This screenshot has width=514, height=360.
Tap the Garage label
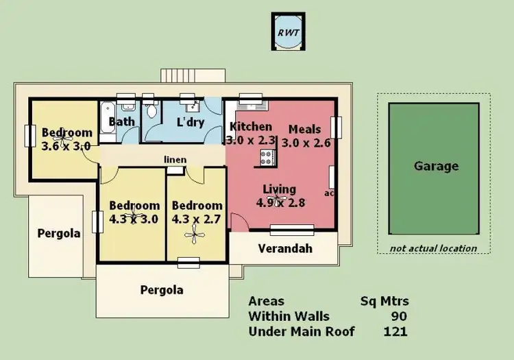(x=436, y=166)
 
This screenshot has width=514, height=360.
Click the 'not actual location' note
(x=433, y=248)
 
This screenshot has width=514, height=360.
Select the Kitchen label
(x=250, y=127)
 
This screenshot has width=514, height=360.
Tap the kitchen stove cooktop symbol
(x=266, y=158)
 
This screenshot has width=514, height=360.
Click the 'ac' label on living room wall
(x=329, y=193)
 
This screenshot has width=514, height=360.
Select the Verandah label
(x=285, y=248)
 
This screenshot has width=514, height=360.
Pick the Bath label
(x=122, y=122)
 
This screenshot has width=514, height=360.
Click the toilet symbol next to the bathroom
(x=152, y=110)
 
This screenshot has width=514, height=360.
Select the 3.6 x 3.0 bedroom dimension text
(x=66, y=145)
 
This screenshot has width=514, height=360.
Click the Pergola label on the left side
(x=58, y=233)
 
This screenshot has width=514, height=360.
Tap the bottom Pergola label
(x=162, y=289)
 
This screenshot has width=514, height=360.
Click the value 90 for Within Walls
(x=399, y=316)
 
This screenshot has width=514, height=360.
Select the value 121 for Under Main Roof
(x=395, y=332)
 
